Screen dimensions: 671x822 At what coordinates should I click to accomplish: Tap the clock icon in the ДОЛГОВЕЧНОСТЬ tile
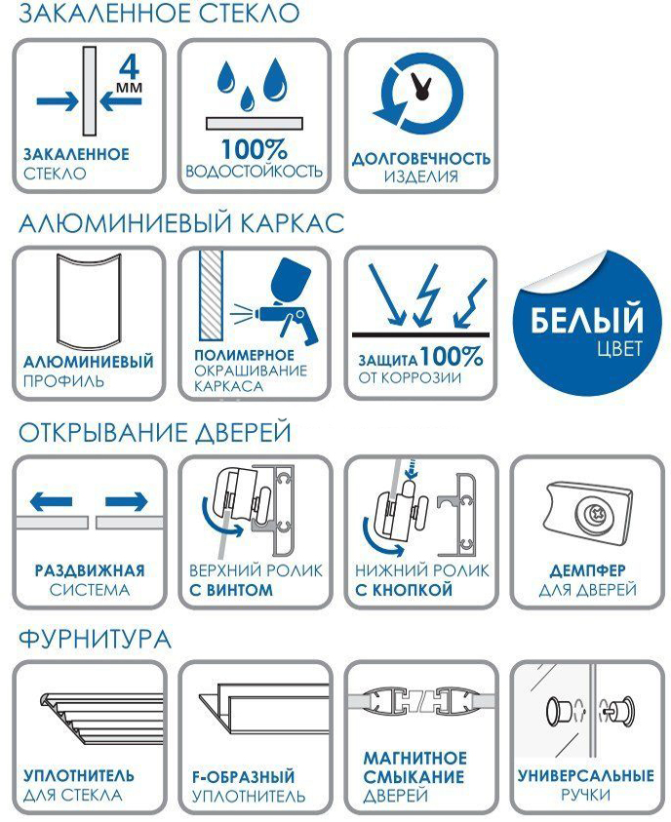[420, 94]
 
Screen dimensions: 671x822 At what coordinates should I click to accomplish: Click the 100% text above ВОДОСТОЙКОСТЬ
[255, 149]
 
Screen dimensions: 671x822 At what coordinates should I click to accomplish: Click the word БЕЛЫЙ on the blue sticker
[586, 319]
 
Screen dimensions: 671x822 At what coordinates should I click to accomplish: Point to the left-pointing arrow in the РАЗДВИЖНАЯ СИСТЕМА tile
[51, 502]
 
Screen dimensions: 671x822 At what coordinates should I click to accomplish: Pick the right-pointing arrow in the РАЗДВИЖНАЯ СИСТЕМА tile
[127, 502]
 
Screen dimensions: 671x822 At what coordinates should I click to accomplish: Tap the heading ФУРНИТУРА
[95, 639]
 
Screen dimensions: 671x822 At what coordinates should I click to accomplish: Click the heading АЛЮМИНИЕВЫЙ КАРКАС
[181, 222]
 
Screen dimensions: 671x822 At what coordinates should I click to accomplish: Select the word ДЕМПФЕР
[587, 570]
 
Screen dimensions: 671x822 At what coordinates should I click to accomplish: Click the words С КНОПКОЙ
[404, 590]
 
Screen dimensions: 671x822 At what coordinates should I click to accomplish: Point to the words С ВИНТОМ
[231, 590]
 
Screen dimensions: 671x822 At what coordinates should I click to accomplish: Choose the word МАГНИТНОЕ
[414, 758]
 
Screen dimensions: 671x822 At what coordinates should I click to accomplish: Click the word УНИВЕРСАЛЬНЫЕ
[585, 775]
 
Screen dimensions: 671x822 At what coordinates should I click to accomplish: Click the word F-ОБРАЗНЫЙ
[243, 776]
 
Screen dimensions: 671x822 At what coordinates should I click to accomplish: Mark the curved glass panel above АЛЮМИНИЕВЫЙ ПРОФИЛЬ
[89, 301]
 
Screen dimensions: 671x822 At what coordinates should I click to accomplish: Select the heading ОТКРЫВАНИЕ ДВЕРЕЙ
[155, 433]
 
